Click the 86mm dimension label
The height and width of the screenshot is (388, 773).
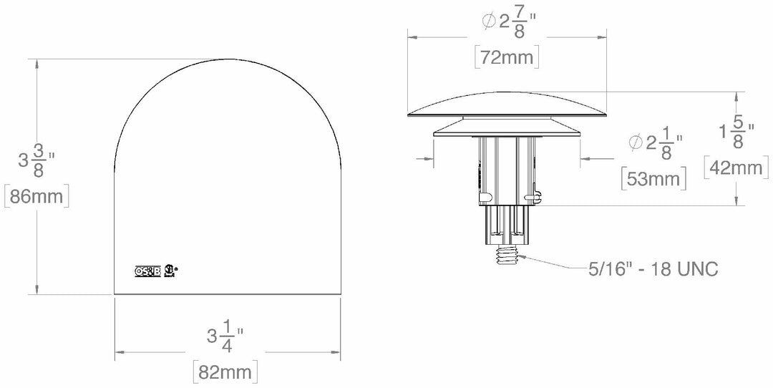(x=37, y=195)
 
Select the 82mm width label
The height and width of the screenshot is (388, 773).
(x=225, y=372)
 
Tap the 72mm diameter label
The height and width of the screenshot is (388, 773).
(x=507, y=58)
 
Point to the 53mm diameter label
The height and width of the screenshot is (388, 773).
(x=653, y=178)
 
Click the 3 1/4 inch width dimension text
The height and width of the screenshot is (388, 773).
(x=225, y=336)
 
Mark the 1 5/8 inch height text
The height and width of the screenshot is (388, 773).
(x=737, y=133)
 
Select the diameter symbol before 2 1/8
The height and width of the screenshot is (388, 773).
(x=636, y=143)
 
